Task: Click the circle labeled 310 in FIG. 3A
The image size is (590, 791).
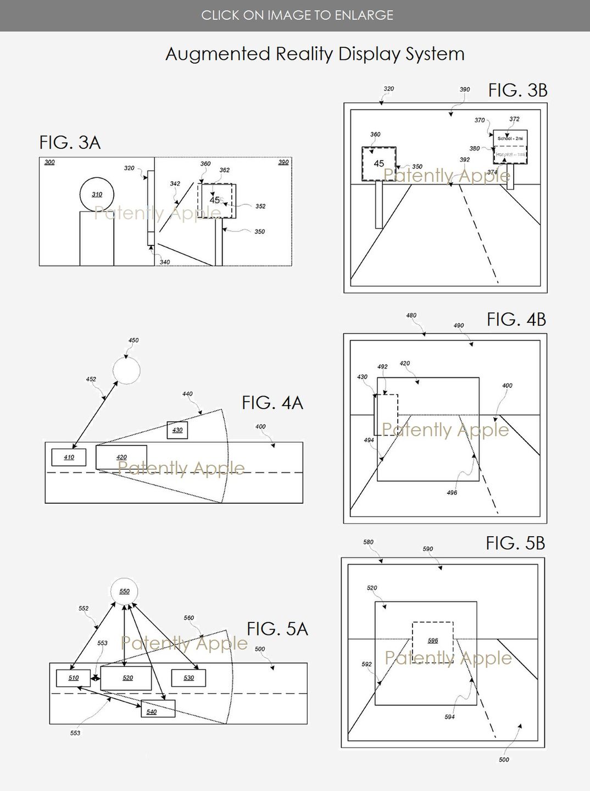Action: point(97,194)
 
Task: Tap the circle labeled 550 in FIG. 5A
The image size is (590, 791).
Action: point(124,592)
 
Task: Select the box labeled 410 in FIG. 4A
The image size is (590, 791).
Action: point(69,457)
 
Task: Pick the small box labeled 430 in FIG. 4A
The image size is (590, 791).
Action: point(177,430)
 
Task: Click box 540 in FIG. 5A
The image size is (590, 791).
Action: point(158,709)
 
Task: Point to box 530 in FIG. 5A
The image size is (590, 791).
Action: point(188,678)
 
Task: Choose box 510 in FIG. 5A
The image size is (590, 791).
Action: point(73,678)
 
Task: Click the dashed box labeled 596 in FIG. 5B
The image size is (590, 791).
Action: point(433,640)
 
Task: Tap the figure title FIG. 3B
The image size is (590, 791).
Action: point(517,91)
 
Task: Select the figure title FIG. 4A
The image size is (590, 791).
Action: point(272,403)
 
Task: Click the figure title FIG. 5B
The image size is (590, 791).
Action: point(515,543)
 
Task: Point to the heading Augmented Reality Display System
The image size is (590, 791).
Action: point(315,54)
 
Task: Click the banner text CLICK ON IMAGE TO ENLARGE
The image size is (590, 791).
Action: point(297,15)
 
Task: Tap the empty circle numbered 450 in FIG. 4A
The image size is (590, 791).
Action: point(126,370)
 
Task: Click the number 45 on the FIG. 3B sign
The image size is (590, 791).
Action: point(379,164)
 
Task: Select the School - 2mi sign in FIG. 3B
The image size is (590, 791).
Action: point(510,138)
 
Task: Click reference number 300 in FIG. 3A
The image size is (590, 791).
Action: point(49,163)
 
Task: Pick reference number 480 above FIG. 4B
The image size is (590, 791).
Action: point(411,315)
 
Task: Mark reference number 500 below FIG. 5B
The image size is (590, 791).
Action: point(504,760)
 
